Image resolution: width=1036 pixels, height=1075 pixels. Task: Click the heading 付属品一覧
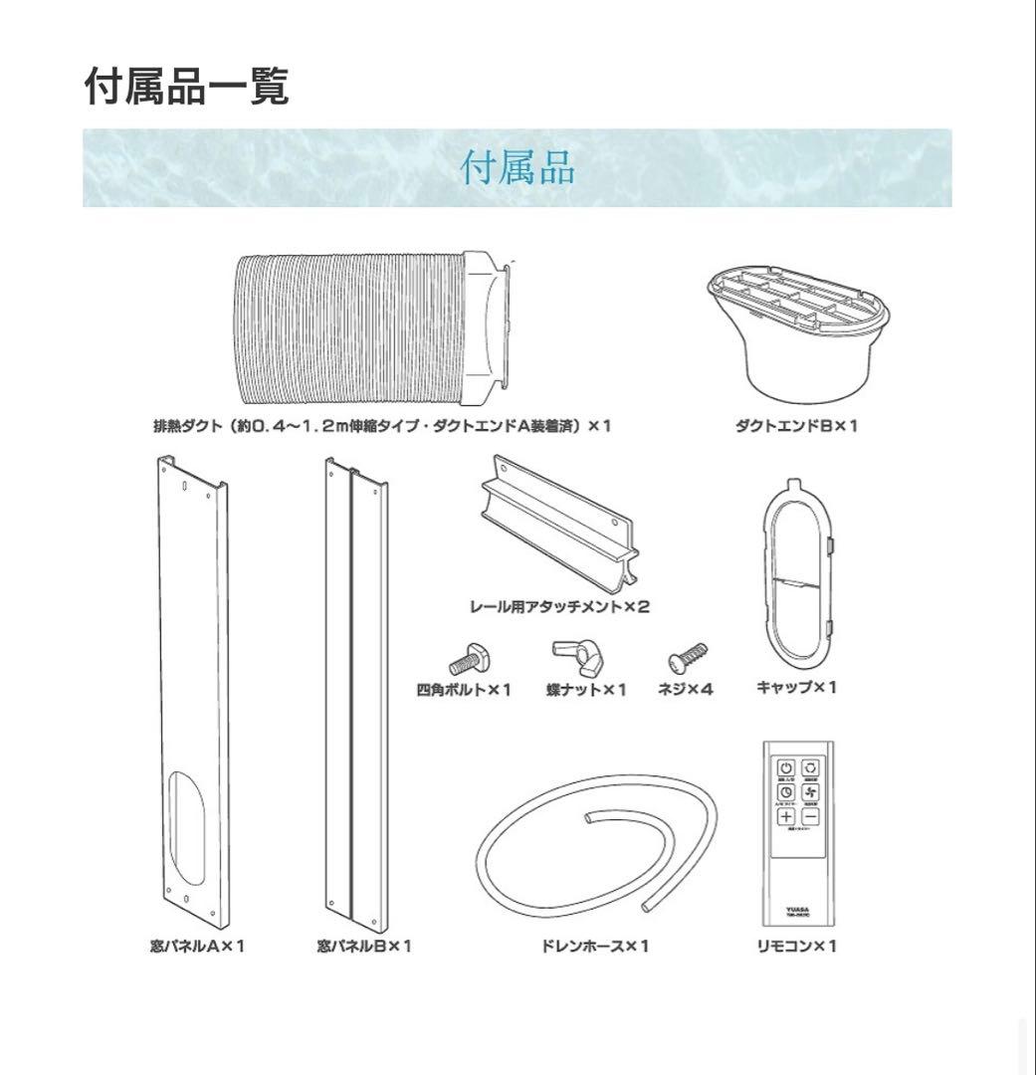pyautogui.click(x=187, y=88)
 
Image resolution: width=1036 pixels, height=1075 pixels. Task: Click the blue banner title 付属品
pyautogui.click(x=517, y=168)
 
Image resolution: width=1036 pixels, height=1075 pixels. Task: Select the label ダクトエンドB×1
pyautogui.click(x=796, y=426)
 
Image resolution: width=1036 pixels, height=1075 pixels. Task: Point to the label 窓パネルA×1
pyautogui.click(x=197, y=946)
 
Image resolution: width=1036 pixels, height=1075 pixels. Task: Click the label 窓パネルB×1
pyautogui.click(x=364, y=946)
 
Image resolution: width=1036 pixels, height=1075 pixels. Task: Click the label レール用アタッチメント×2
pyautogui.click(x=559, y=606)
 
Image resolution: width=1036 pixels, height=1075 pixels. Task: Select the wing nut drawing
pyautogui.click(x=574, y=655)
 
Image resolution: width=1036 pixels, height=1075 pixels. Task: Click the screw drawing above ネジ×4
pyautogui.click(x=689, y=657)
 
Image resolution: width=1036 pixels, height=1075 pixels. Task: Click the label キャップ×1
pyautogui.click(x=797, y=687)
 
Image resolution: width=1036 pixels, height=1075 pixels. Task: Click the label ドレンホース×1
pyautogui.click(x=595, y=946)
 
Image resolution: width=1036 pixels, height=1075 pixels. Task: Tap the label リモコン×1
pyautogui.click(x=797, y=946)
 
